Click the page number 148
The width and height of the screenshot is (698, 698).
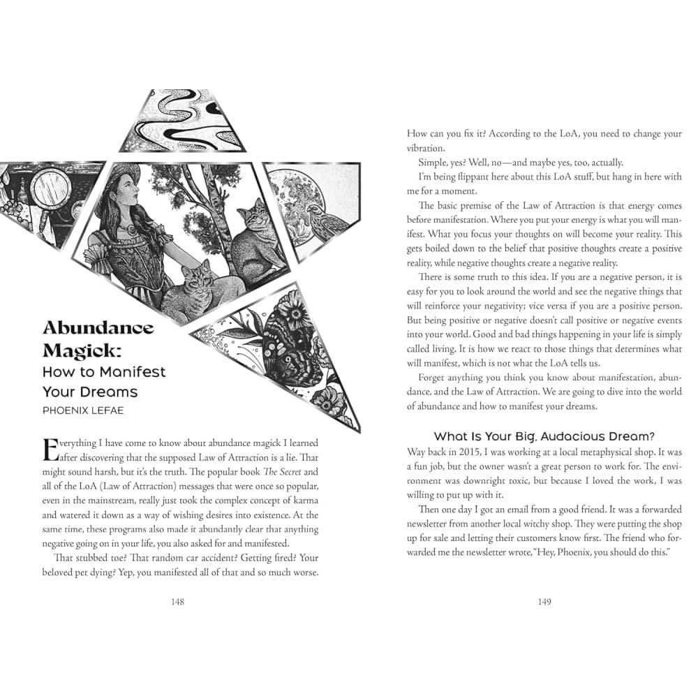(177, 602)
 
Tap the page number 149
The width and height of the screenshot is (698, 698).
(544, 602)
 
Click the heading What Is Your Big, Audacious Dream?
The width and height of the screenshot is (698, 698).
(544, 437)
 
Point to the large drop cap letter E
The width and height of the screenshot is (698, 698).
(51, 450)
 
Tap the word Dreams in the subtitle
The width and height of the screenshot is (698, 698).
(109, 391)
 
